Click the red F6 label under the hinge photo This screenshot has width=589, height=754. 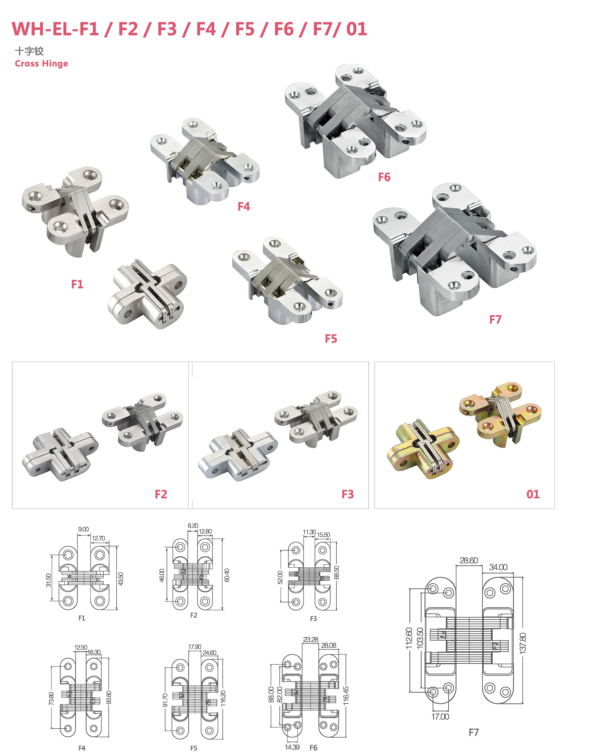[x=384, y=177]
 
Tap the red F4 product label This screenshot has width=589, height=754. [x=244, y=206]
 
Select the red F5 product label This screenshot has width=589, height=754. [x=331, y=339]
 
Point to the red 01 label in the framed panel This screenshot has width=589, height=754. [x=533, y=495]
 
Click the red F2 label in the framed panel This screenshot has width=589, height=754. [x=161, y=495]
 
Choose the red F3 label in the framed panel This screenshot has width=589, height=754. [x=348, y=495]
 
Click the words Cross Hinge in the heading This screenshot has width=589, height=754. [x=42, y=64]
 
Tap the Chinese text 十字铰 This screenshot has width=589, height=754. [x=29, y=51]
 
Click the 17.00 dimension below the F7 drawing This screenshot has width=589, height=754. [x=440, y=717]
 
